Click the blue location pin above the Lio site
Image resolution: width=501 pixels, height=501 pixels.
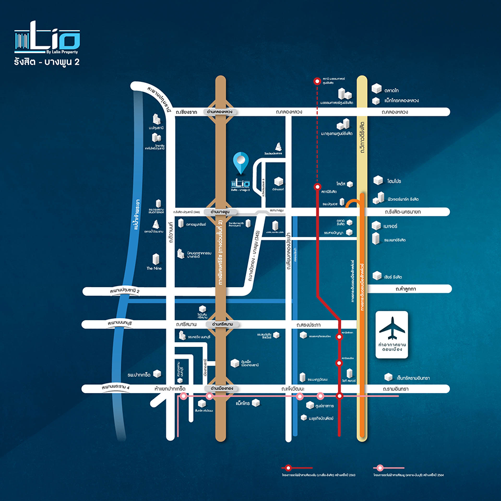(240, 162)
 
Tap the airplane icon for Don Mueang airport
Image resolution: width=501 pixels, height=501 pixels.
(392, 328)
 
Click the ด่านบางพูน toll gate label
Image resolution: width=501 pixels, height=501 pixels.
(222, 212)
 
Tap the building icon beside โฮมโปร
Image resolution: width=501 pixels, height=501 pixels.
(378, 180)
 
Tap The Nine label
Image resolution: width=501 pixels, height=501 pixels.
(154, 268)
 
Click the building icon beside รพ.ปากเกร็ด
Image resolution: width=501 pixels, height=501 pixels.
(157, 374)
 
